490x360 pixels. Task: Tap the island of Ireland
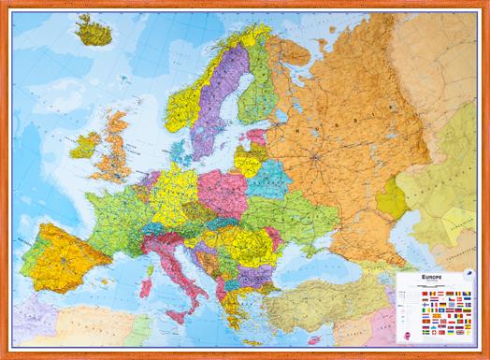[85, 145]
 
